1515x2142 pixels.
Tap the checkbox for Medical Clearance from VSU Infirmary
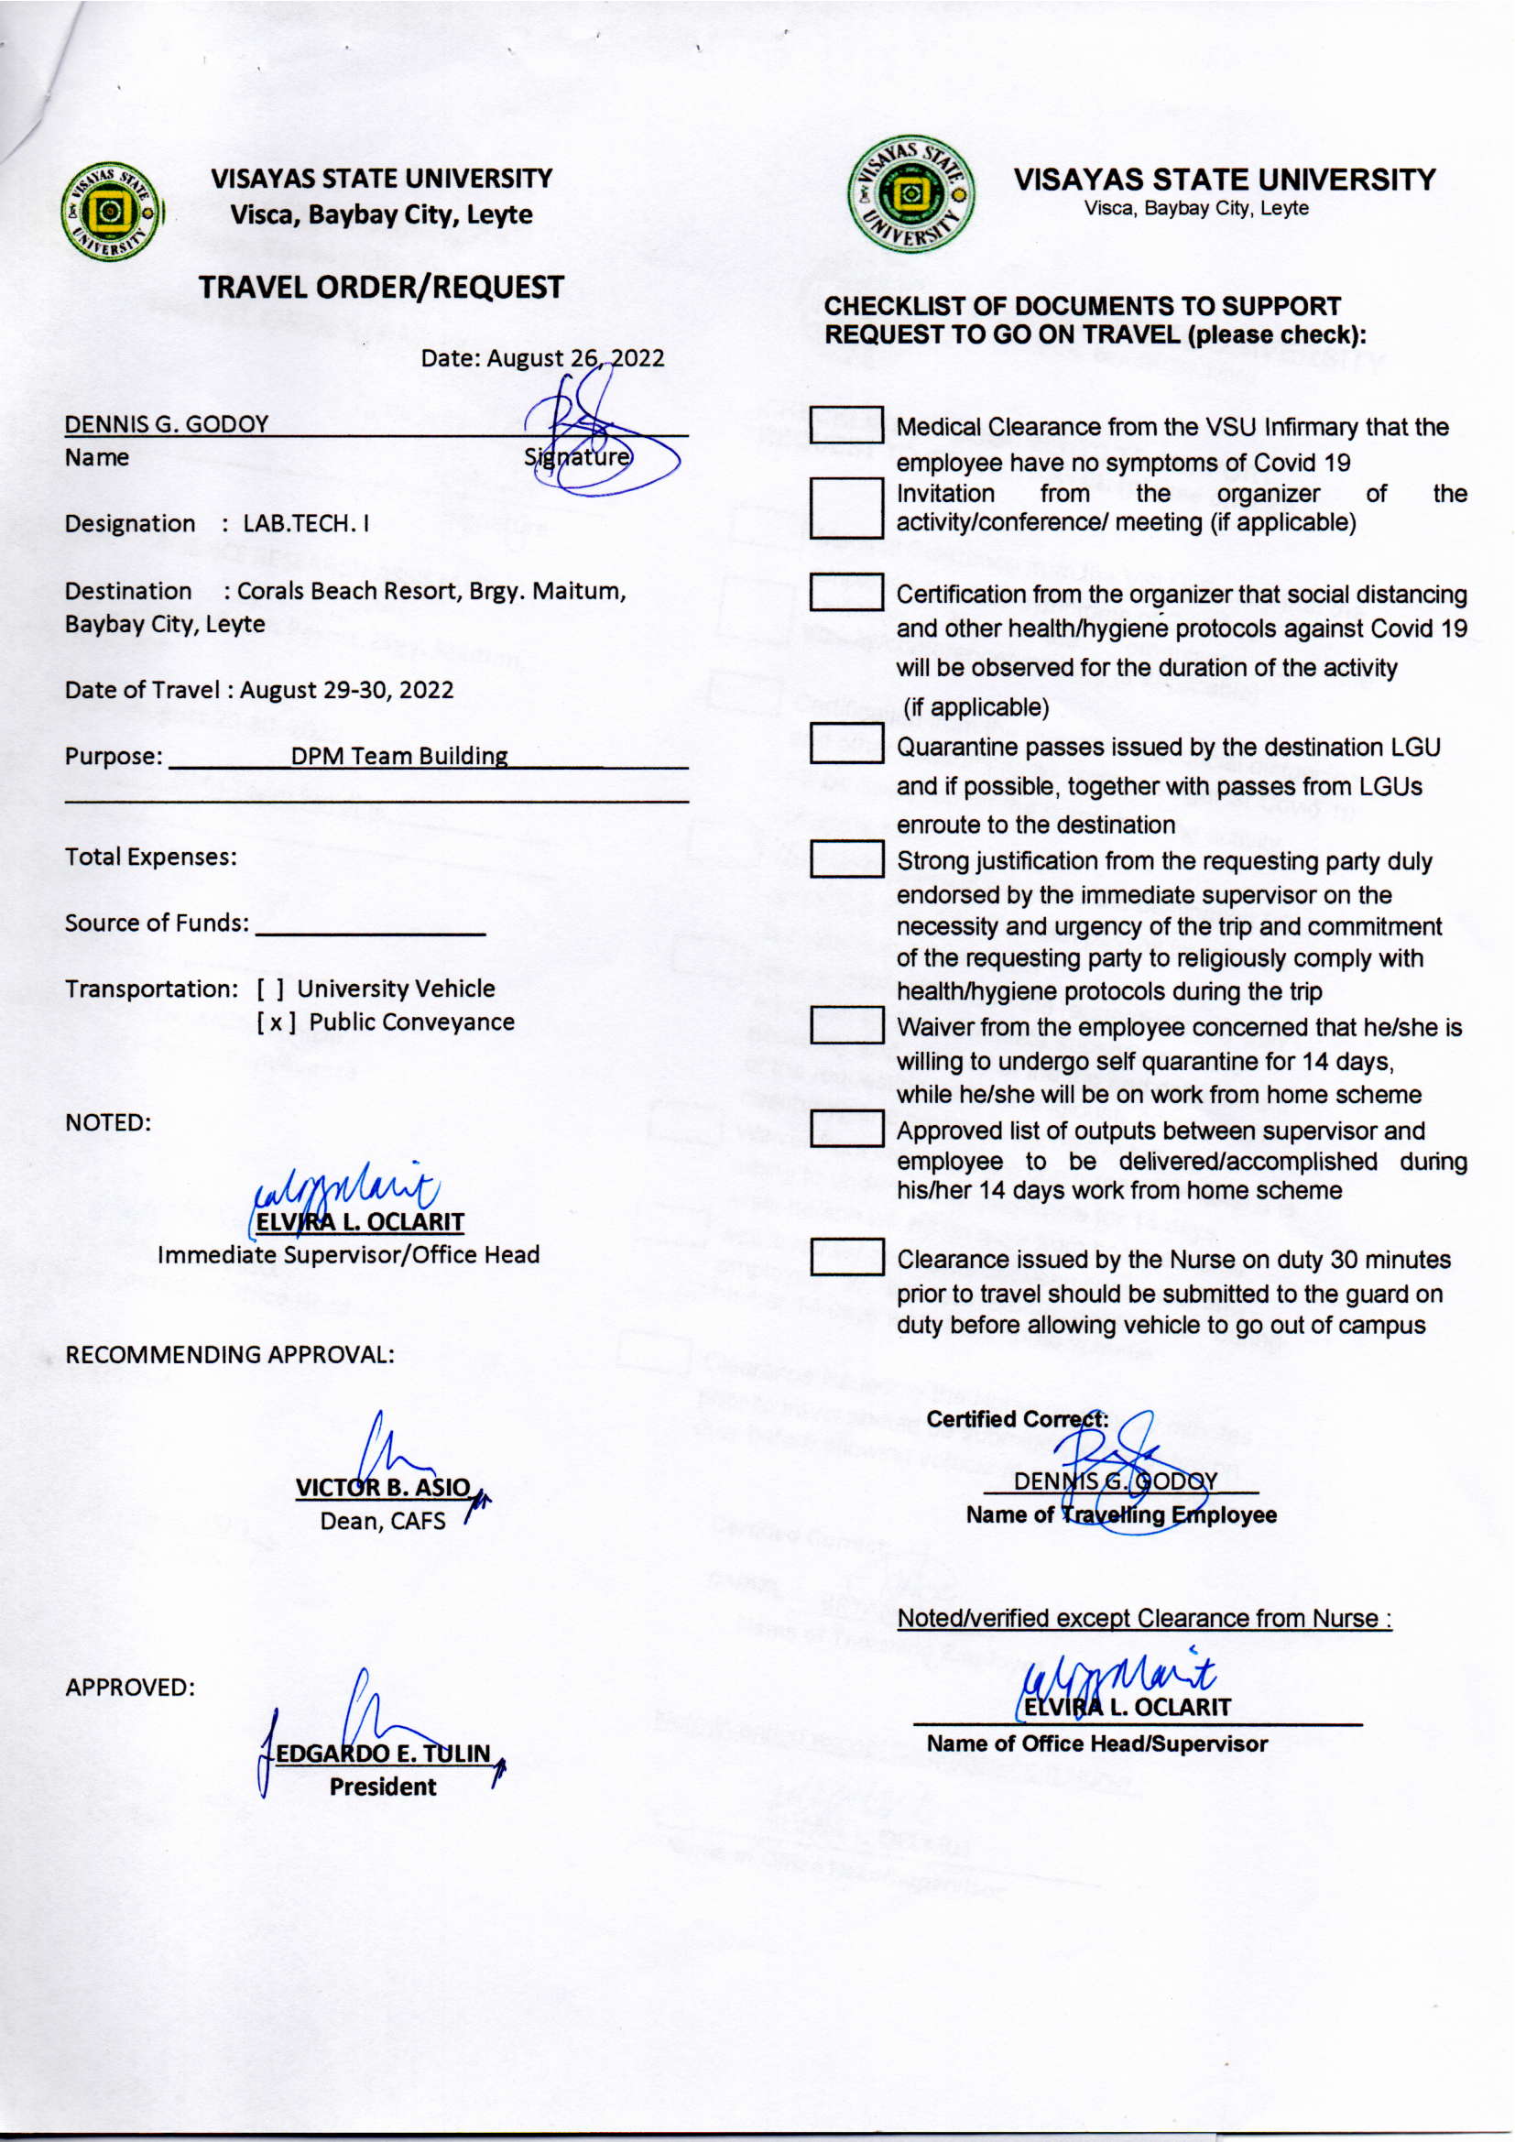pos(846,425)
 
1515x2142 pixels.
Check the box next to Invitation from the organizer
pos(846,508)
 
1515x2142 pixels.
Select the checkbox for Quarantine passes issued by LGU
pos(846,744)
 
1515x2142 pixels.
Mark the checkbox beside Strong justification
pos(846,858)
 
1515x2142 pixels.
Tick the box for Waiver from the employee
pos(846,1025)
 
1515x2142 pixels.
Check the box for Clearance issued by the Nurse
pos(846,1257)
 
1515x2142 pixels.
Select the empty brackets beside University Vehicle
pos(270,989)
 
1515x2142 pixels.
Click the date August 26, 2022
pos(575,358)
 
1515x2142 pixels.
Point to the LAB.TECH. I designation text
pos(306,523)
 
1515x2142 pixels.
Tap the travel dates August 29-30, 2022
pos(346,691)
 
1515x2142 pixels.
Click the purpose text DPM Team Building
pos(399,756)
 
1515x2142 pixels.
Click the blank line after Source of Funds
pos(369,929)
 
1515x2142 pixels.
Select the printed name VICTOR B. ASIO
pos(384,1487)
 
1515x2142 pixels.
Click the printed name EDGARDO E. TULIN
pos(384,1753)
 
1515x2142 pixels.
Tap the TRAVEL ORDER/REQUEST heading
pos(381,288)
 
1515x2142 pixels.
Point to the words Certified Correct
pos(1017,1419)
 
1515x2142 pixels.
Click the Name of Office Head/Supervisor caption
pos(1097,1743)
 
